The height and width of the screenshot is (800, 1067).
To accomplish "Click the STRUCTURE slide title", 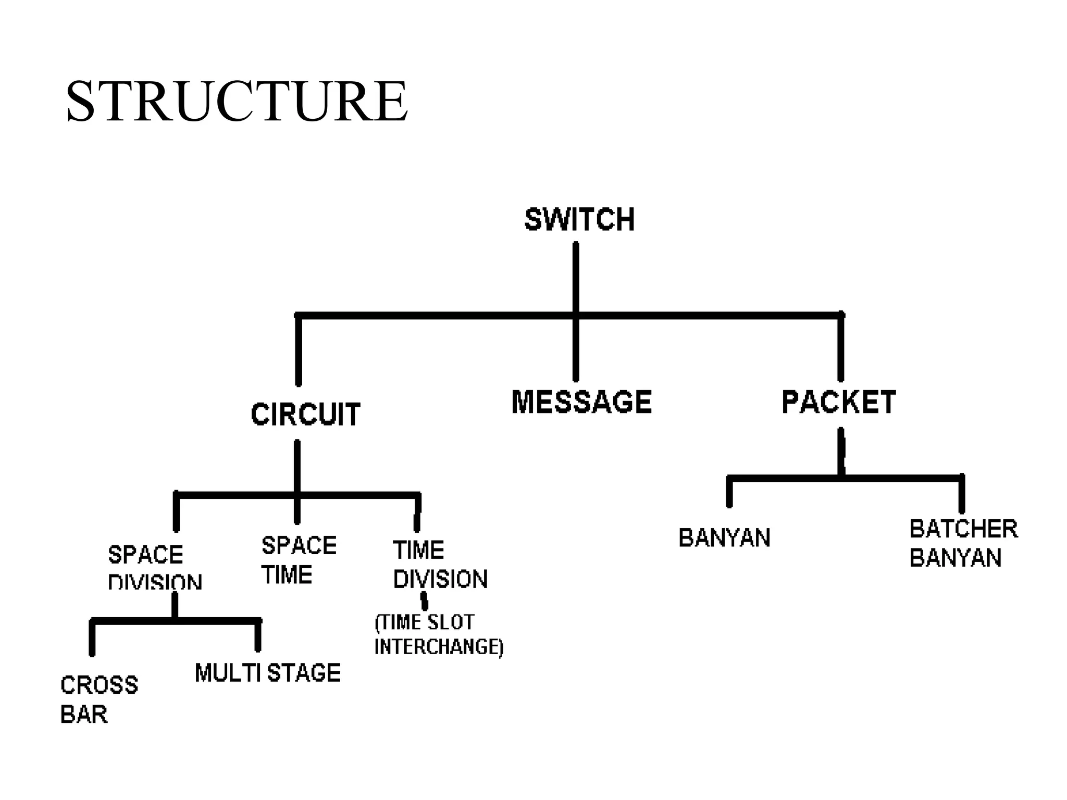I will [x=237, y=102].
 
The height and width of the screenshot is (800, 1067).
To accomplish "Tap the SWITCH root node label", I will [x=579, y=219].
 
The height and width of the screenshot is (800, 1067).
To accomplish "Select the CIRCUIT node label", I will [x=305, y=415].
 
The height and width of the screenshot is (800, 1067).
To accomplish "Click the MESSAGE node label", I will [x=581, y=402].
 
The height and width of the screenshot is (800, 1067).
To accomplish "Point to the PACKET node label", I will [x=839, y=402].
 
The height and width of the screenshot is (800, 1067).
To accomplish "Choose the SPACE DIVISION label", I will [x=154, y=567].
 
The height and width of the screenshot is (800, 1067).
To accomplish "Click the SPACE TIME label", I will [x=299, y=560].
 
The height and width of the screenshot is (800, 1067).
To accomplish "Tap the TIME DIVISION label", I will [x=440, y=565].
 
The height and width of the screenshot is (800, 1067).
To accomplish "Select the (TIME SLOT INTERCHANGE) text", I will [x=438, y=634].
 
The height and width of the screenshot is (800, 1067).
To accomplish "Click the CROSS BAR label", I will [x=99, y=699].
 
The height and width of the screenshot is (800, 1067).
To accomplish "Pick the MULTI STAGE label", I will [x=268, y=673].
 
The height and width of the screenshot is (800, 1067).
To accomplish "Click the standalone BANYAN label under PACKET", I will [x=724, y=538].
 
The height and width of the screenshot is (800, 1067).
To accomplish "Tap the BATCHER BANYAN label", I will [x=963, y=543].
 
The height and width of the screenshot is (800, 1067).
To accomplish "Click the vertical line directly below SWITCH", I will [x=576, y=276].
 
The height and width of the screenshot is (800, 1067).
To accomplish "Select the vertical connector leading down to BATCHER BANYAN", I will [x=962, y=495].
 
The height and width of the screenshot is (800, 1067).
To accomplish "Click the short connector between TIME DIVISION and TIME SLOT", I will [x=425, y=601].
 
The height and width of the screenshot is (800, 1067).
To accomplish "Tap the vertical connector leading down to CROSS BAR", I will [x=92, y=638].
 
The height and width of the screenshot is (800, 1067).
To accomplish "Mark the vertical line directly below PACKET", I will [x=841, y=451].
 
